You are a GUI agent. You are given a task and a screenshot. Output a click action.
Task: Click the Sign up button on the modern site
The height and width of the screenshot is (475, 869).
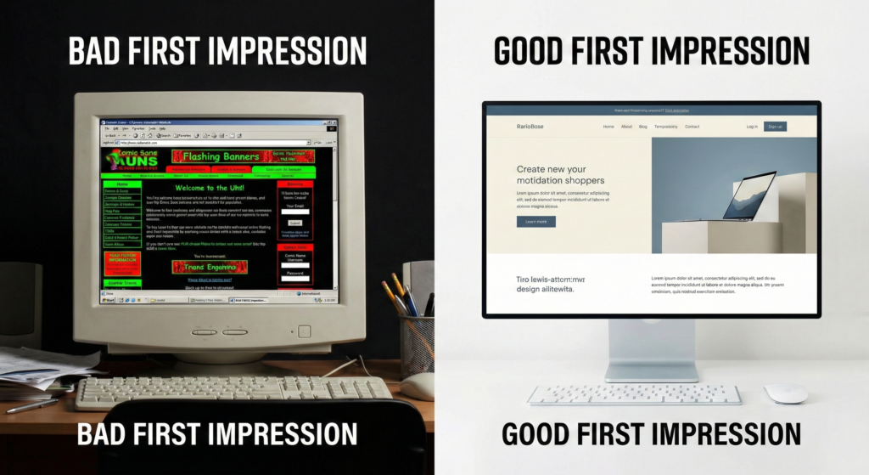click(775, 127)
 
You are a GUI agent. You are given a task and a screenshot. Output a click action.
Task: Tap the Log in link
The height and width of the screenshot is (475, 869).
click(752, 127)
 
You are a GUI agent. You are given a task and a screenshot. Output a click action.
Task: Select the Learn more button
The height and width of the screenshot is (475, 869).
click(535, 222)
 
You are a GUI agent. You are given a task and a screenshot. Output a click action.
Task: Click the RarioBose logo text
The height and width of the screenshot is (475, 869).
click(530, 127)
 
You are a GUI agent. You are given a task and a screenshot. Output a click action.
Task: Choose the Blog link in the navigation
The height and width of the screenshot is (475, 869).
click(643, 127)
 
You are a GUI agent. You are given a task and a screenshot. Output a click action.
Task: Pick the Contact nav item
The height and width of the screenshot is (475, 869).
click(692, 127)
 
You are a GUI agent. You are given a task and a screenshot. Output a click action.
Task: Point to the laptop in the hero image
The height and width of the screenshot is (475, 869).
click(748, 196)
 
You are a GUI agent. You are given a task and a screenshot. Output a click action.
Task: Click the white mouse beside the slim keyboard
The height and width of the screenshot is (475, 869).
click(785, 393)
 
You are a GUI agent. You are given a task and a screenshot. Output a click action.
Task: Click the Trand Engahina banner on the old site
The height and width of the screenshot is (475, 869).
click(210, 267)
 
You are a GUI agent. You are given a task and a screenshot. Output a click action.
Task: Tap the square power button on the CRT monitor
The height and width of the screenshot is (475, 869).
click(304, 331)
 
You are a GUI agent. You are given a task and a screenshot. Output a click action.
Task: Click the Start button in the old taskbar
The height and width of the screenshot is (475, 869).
click(109, 300)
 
